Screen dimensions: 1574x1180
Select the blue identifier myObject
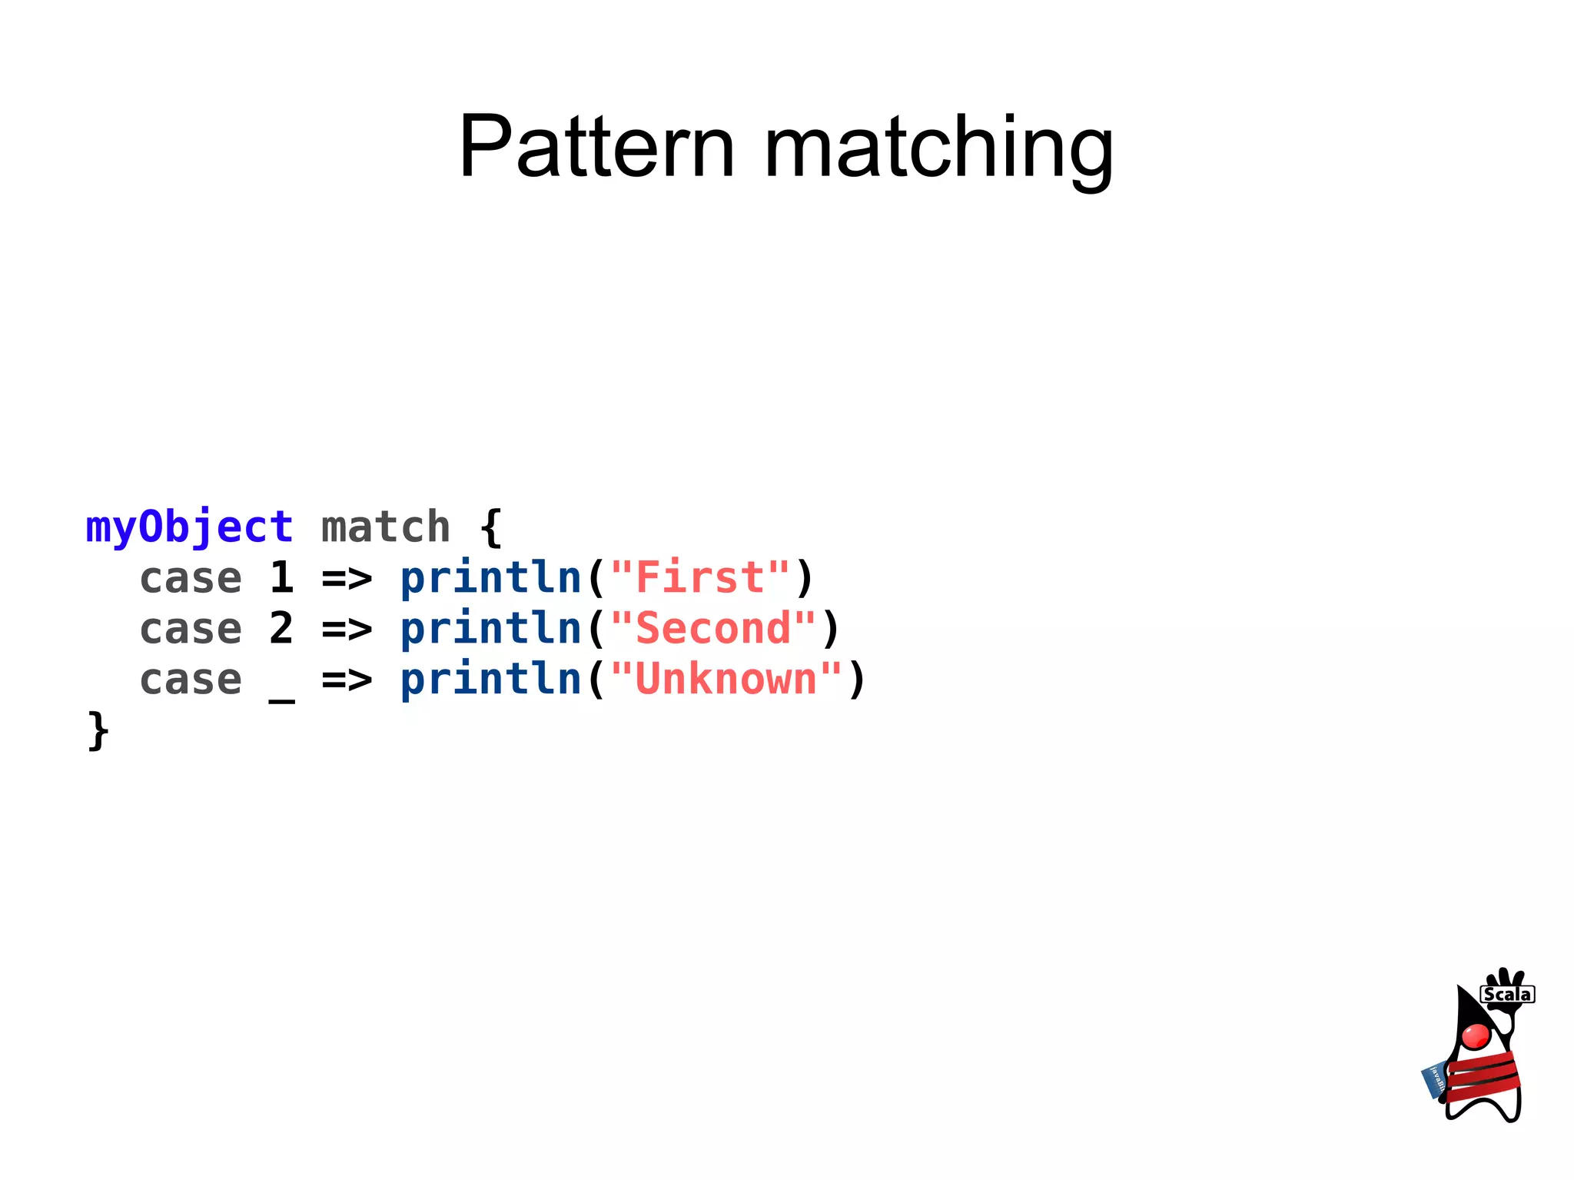189,528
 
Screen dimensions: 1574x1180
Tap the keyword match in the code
385,528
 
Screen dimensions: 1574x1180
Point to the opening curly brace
490,528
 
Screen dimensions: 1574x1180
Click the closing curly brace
98,730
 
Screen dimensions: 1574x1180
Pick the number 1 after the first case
281,578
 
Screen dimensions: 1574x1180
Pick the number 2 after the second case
281,629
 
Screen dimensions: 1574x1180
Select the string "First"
700,578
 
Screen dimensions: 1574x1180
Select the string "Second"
713,629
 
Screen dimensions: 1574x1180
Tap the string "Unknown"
726,680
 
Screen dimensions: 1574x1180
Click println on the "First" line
490,578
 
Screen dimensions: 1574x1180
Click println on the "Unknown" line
490,680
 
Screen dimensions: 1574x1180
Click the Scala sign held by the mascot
1507,995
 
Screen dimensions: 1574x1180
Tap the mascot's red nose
1476,1036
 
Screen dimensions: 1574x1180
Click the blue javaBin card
1433,1080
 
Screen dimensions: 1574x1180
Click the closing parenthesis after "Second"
830,629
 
